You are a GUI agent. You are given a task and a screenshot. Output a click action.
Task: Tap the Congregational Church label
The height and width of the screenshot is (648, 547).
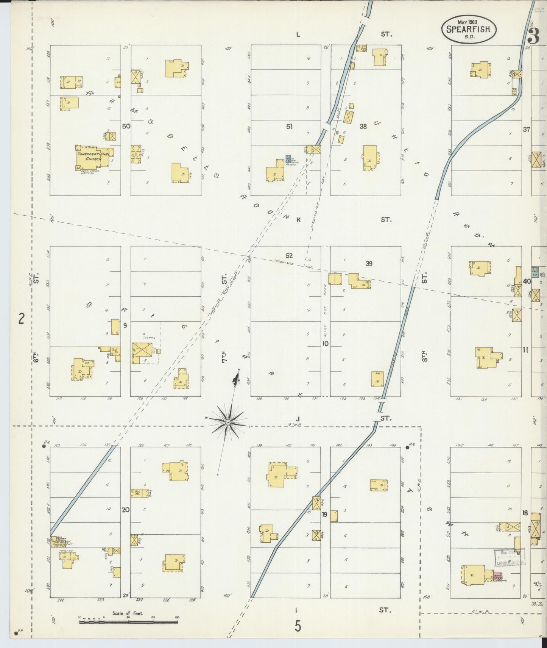[93, 157]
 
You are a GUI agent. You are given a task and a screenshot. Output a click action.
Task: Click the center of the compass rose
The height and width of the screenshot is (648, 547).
[228, 422]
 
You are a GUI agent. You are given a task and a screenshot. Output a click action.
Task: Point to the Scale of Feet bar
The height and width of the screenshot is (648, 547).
[128, 622]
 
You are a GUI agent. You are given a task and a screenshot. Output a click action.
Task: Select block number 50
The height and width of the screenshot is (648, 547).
[126, 126]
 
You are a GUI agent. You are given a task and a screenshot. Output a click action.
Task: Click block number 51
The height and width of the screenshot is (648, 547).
[289, 127]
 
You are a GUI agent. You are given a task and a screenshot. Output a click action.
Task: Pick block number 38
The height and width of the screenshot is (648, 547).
[363, 127]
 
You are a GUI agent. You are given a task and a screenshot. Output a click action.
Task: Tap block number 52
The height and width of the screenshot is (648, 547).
[289, 256]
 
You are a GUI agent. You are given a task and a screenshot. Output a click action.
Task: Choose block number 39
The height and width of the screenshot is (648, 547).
[369, 263]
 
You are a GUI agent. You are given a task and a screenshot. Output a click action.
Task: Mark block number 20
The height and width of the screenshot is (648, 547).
[126, 510]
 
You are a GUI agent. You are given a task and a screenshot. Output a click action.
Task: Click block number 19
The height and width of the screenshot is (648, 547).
[324, 514]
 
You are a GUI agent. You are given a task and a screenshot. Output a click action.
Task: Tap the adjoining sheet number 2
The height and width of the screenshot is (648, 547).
[22, 319]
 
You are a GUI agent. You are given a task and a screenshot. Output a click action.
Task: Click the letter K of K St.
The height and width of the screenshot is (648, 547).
[298, 220]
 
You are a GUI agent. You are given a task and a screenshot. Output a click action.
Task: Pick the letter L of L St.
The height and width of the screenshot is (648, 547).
[298, 34]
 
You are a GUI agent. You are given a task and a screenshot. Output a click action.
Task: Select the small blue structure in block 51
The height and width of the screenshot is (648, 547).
[288, 159]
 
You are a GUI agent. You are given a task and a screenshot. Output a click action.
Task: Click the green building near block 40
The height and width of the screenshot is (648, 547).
[535, 271]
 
